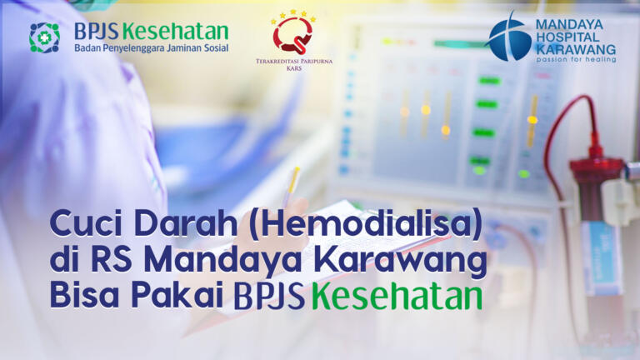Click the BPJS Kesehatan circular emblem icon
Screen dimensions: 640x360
(x=44, y=37)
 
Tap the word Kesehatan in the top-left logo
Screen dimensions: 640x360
(x=176, y=32)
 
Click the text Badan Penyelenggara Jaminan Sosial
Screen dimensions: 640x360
(x=152, y=48)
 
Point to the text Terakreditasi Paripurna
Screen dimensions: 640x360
(x=294, y=62)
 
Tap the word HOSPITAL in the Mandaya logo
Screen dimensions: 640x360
(x=567, y=37)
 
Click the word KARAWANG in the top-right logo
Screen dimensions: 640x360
(x=576, y=49)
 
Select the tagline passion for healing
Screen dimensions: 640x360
(x=576, y=59)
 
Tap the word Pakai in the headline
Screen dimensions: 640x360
(x=177, y=295)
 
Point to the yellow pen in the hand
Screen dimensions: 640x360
(x=292, y=186)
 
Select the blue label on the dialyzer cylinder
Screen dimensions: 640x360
(x=601, y=258)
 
